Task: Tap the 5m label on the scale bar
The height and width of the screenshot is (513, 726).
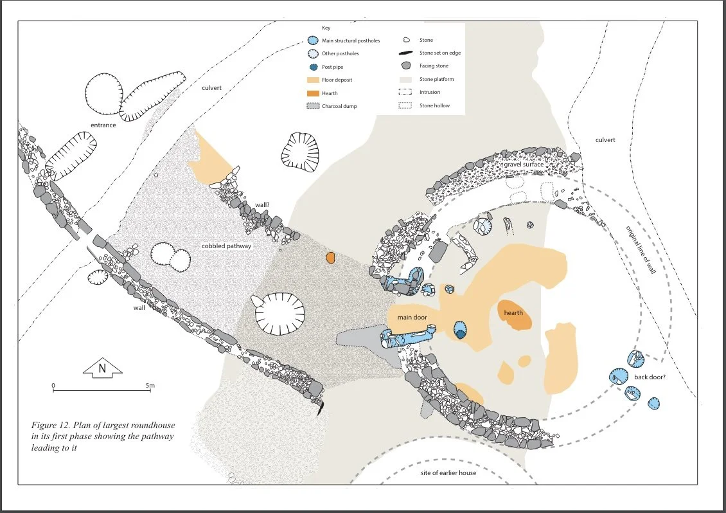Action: pos(150,386)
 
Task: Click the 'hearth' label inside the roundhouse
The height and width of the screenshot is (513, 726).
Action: pos(513,313)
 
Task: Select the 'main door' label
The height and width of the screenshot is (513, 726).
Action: pos(412,316)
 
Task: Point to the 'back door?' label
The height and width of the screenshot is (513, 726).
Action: pos(650,377)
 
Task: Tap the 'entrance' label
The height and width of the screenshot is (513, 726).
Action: pos(103,125)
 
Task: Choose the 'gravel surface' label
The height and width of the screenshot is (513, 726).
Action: pos(524,165)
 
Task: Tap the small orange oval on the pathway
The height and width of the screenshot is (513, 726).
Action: pos(330,258)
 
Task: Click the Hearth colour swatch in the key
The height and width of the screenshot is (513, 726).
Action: pos(312,93)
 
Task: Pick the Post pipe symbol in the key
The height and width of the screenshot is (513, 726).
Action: pos(312,67)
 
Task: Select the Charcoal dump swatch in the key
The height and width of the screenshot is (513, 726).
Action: pos(312,106)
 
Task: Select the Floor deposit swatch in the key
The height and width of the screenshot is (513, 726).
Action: pos(312,80)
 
